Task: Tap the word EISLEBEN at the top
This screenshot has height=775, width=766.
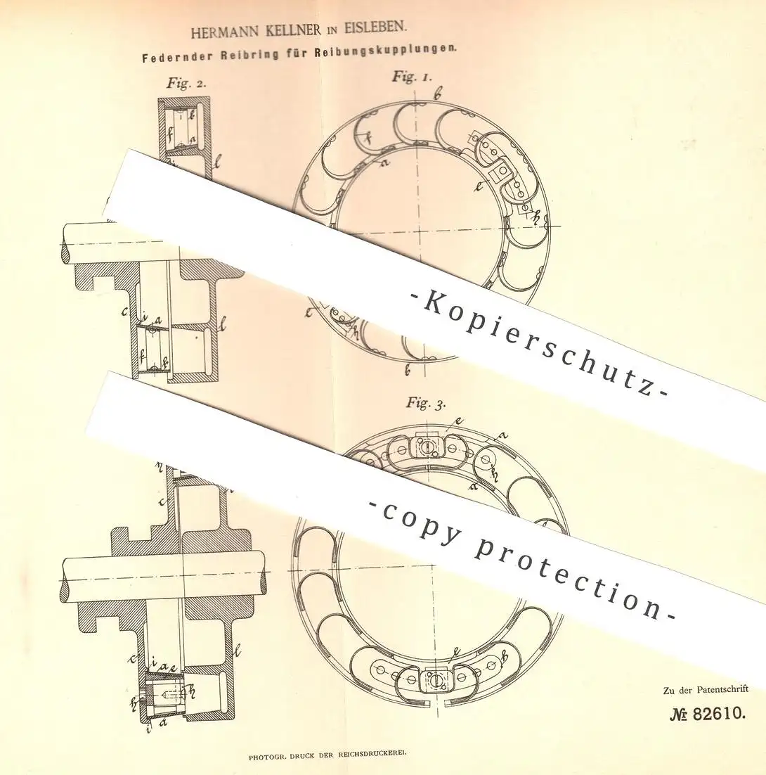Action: pyautogui.click(x=374, y=27)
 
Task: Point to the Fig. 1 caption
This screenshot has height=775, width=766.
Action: pyautogui.click(x=412, y=77)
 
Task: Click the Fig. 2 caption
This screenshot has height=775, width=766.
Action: pyautogui.click(x=186, y=83)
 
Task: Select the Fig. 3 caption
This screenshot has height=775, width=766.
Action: pyautogui.click(x=426, y=403)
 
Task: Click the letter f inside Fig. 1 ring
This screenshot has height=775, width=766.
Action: pyautogui.click(x=366, y=139)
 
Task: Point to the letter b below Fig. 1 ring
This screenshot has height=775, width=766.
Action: pyautogui.click(x=408, y=369)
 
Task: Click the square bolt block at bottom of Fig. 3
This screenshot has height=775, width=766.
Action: pyautogui.click(x=434, y=680)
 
